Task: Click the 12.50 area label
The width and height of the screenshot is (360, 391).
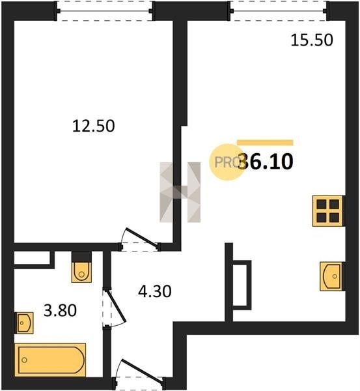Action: click(94, 126)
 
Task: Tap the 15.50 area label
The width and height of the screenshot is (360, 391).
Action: click(312, 40)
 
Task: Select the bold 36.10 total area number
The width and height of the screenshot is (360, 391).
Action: click(266, 162)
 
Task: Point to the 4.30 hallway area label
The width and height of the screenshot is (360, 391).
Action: click(155, 291)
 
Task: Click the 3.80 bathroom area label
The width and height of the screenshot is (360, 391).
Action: click(60, 311)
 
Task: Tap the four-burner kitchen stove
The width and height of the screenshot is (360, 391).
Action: click(327, 211)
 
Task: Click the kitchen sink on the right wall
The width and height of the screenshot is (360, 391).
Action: click(331, 276)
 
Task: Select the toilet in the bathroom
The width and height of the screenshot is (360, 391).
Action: click(81, 272)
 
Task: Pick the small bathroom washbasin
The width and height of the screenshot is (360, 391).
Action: click(25, 323)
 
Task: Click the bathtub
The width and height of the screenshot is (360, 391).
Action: click(50, 360)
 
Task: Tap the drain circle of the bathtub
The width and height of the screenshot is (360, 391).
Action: click(25, 360)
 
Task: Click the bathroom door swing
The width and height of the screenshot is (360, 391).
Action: click(115, 307)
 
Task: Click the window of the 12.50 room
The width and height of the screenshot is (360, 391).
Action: click(105, 11)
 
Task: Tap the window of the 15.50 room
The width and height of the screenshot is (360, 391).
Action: click(278, 11)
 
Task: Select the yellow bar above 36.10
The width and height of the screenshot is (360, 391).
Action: click(265, 143)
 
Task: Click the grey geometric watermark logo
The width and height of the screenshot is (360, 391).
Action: click(180, 192)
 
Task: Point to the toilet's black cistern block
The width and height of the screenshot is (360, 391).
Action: click(81, 257)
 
